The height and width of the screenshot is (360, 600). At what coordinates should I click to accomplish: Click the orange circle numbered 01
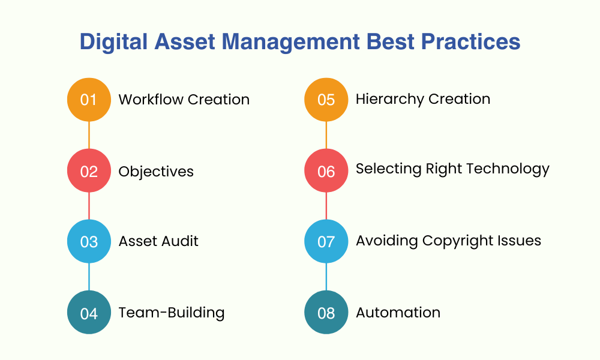(89, 100)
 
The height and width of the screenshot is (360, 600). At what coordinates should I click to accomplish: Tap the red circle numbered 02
(89, 171)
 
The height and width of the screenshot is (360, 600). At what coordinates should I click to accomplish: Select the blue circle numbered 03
(89, 241)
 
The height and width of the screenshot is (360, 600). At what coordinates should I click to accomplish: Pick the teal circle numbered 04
(89, 312)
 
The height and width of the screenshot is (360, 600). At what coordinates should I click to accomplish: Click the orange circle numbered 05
(326, 100)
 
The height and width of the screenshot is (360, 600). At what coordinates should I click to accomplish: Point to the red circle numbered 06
(326, 171)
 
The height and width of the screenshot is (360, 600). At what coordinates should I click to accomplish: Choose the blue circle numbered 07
(326, 241)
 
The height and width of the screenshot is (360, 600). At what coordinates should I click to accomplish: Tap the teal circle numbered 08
(326, 312)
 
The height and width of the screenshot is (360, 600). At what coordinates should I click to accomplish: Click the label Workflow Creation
(184, 100)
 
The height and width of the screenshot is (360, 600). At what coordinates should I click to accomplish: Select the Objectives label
(156, 172)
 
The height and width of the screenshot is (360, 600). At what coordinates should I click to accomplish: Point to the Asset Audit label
(158, 241)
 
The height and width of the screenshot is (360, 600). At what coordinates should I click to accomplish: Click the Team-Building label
(172, 313)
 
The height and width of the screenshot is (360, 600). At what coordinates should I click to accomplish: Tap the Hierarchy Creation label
(423, 99)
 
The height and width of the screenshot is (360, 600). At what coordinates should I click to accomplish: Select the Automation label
(398, 313)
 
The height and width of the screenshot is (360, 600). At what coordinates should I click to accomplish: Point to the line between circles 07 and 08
(326, 277)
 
